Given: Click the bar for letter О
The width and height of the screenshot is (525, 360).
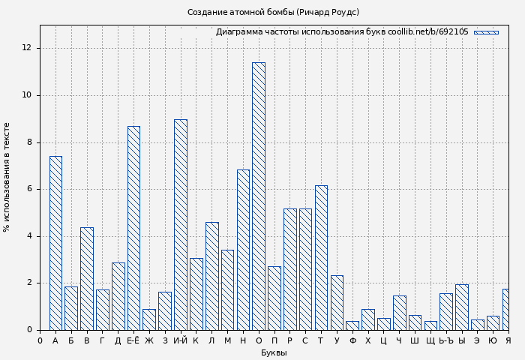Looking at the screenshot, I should pos(258,196).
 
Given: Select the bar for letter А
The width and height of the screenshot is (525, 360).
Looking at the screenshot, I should pos(55,242).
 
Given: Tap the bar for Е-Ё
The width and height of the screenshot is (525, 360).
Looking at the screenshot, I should pos(133,228).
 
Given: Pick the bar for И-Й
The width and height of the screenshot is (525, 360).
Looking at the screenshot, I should pos(180,224).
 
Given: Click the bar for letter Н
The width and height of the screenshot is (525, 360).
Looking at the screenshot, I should pos(243,249).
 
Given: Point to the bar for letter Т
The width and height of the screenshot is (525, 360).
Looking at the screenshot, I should pos(321,257).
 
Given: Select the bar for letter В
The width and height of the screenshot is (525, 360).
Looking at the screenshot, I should pos(87,278).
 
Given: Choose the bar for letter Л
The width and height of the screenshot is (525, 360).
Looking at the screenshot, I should pos(211,275).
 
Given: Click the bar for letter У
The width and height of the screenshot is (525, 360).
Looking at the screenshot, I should pos(337,302).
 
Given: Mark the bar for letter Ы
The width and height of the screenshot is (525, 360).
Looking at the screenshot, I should pos(461,307).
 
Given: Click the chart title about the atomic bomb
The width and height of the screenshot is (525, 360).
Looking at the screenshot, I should pos(273,12).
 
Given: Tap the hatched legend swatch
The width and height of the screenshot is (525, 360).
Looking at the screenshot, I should pos(486,32).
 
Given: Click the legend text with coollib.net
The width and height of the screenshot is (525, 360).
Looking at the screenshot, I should pos(342,32).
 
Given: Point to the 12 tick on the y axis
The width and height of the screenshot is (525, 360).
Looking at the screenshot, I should pos(27,48).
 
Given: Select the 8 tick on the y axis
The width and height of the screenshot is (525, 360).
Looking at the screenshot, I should pos(29,142).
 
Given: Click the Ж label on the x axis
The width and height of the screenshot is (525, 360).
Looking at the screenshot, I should pos(149,341).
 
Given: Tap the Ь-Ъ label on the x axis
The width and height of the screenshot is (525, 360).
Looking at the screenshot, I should pos(445,341).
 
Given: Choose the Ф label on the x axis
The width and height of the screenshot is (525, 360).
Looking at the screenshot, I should pos(352,341).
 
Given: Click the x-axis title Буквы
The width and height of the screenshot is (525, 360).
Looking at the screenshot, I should pos(274,352).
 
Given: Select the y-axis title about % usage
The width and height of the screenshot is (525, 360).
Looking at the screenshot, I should pos(7,177).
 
